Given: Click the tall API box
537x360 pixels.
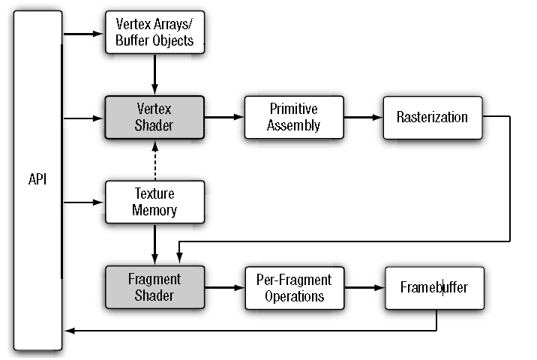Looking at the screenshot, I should click(37, 180).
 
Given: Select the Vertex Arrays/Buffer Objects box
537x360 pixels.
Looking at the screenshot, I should click(154, 33).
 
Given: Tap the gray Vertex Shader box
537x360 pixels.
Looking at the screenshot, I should click(154, 117).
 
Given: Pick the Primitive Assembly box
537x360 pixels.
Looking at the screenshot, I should click(293, 117).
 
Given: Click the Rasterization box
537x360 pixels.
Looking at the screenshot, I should click(432, 117).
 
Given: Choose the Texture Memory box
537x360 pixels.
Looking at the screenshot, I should click(154, 202).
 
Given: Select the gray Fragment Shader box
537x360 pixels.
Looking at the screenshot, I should click(154, 287).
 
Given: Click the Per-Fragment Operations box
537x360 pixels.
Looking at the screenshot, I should click(295, 287).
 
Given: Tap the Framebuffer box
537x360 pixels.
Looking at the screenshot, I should click(433, 287).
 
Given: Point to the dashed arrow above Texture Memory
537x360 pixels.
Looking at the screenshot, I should click(154, 160).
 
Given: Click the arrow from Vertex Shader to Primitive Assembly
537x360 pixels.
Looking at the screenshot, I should click(224, 117).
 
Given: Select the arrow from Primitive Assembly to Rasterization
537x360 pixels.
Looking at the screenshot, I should click(364, 117).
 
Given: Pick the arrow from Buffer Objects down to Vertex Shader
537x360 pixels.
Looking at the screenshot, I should click(154, 74).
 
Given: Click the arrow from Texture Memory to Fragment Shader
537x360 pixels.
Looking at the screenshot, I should click(154, 244).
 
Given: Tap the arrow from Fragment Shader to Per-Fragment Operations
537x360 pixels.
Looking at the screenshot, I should click(224, 287).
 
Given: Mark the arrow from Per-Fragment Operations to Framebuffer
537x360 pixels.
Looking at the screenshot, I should click(364, 287).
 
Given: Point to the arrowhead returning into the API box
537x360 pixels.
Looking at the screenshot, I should click(69, 331).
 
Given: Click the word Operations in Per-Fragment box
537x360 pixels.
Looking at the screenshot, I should click(295, 295).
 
